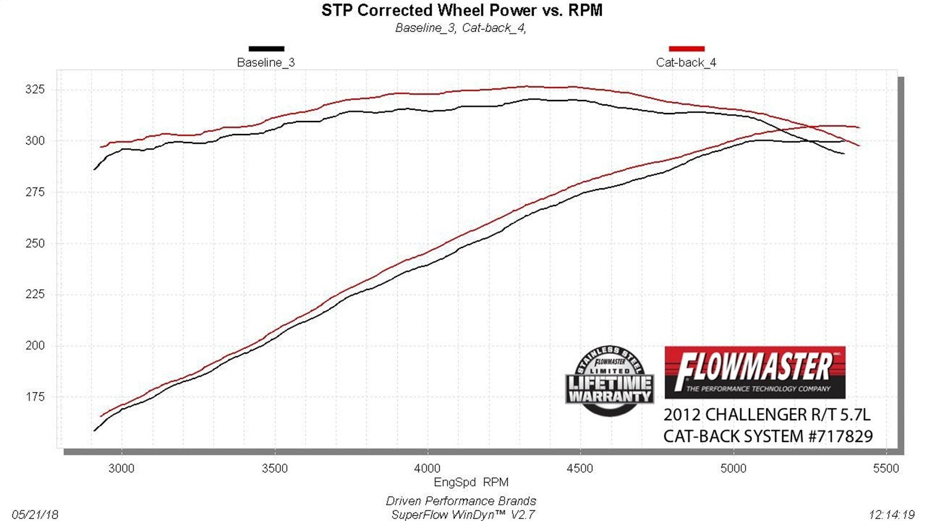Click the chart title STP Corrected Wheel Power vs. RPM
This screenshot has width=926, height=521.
(x=462, y=10)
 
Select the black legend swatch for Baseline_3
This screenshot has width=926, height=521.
(x=266, y=48)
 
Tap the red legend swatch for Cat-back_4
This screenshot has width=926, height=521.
(x=686, y=48)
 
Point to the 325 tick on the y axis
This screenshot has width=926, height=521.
(x=35, y=90)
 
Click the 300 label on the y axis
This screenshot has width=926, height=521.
(x=35, y=141)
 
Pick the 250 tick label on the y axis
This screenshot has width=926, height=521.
(x=35, y=243)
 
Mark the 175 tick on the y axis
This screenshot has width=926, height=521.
(x=35, y=397)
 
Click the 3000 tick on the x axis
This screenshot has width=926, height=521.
(x=121, y=469)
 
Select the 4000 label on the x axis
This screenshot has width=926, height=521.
(x=427, y=469)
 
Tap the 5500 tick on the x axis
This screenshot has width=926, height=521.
(x=886, y=469)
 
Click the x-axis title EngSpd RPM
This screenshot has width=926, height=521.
(x=471, y=482)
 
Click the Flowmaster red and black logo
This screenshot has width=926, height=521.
(x=754, y=372)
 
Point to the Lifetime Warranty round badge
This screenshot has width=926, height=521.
(x=609, y=381)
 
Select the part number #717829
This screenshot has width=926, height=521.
(x=840, y=436)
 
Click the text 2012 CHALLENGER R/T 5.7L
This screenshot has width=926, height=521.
(x=767, y=414)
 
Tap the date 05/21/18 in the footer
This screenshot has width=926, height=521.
(x=35, y=514)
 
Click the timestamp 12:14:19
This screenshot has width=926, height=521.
(x=891, y=514)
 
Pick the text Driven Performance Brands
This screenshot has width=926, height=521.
(x=461, y=501)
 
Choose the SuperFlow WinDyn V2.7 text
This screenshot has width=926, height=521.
(x=462, y=514)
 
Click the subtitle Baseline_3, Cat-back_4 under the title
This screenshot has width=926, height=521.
(x=461, y=28)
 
